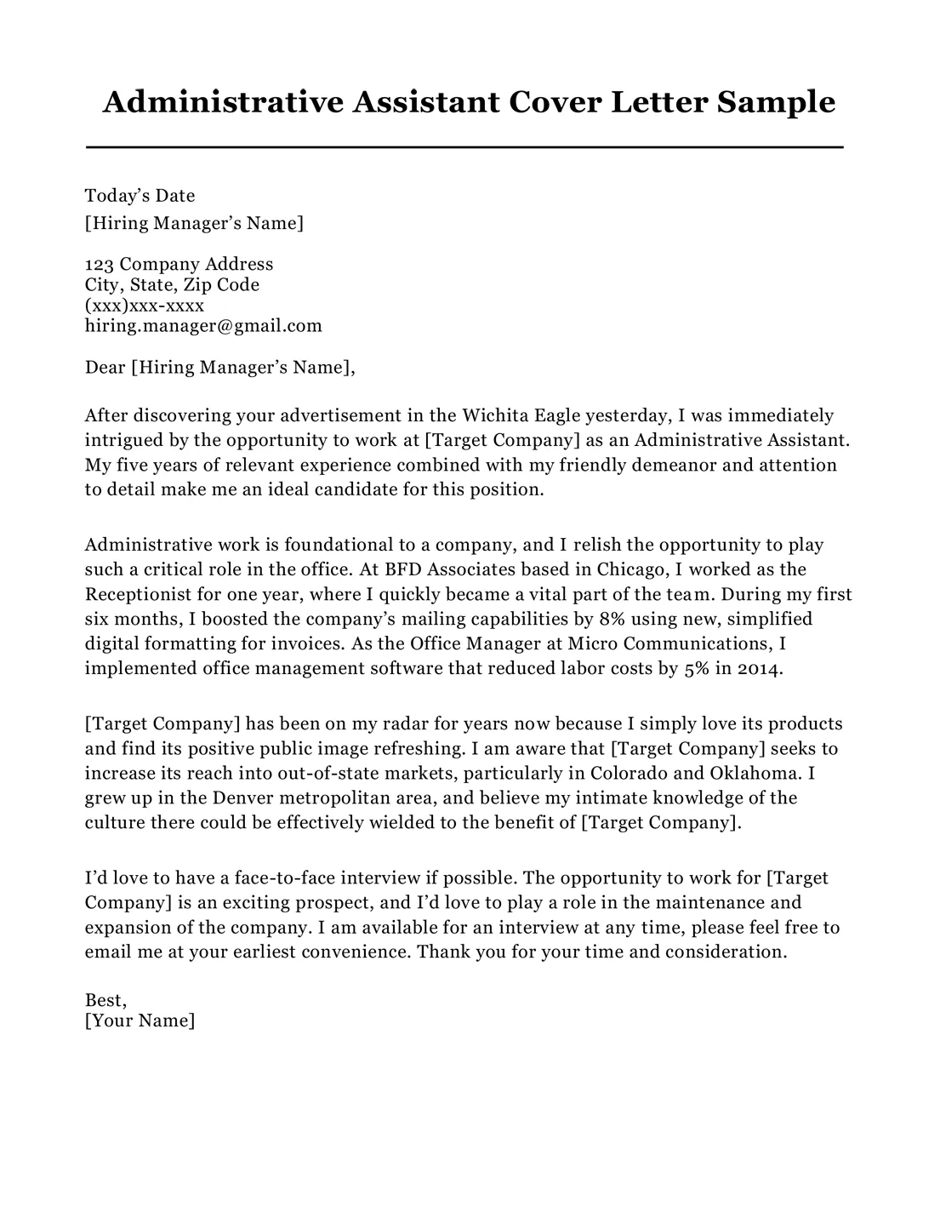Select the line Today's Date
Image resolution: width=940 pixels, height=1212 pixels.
(140, 196)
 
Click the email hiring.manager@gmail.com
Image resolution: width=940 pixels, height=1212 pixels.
(203, 325)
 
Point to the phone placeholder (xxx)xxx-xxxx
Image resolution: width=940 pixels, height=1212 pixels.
(145, 305)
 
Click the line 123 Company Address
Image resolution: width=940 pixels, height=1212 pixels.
(179, 264)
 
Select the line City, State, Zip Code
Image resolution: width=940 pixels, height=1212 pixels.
(172, 284)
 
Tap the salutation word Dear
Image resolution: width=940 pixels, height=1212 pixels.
(105, 368)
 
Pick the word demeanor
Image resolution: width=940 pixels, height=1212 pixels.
(677, 465)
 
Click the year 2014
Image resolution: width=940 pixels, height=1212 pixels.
(758, 668)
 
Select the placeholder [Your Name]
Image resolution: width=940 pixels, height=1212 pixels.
(140, 1020)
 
